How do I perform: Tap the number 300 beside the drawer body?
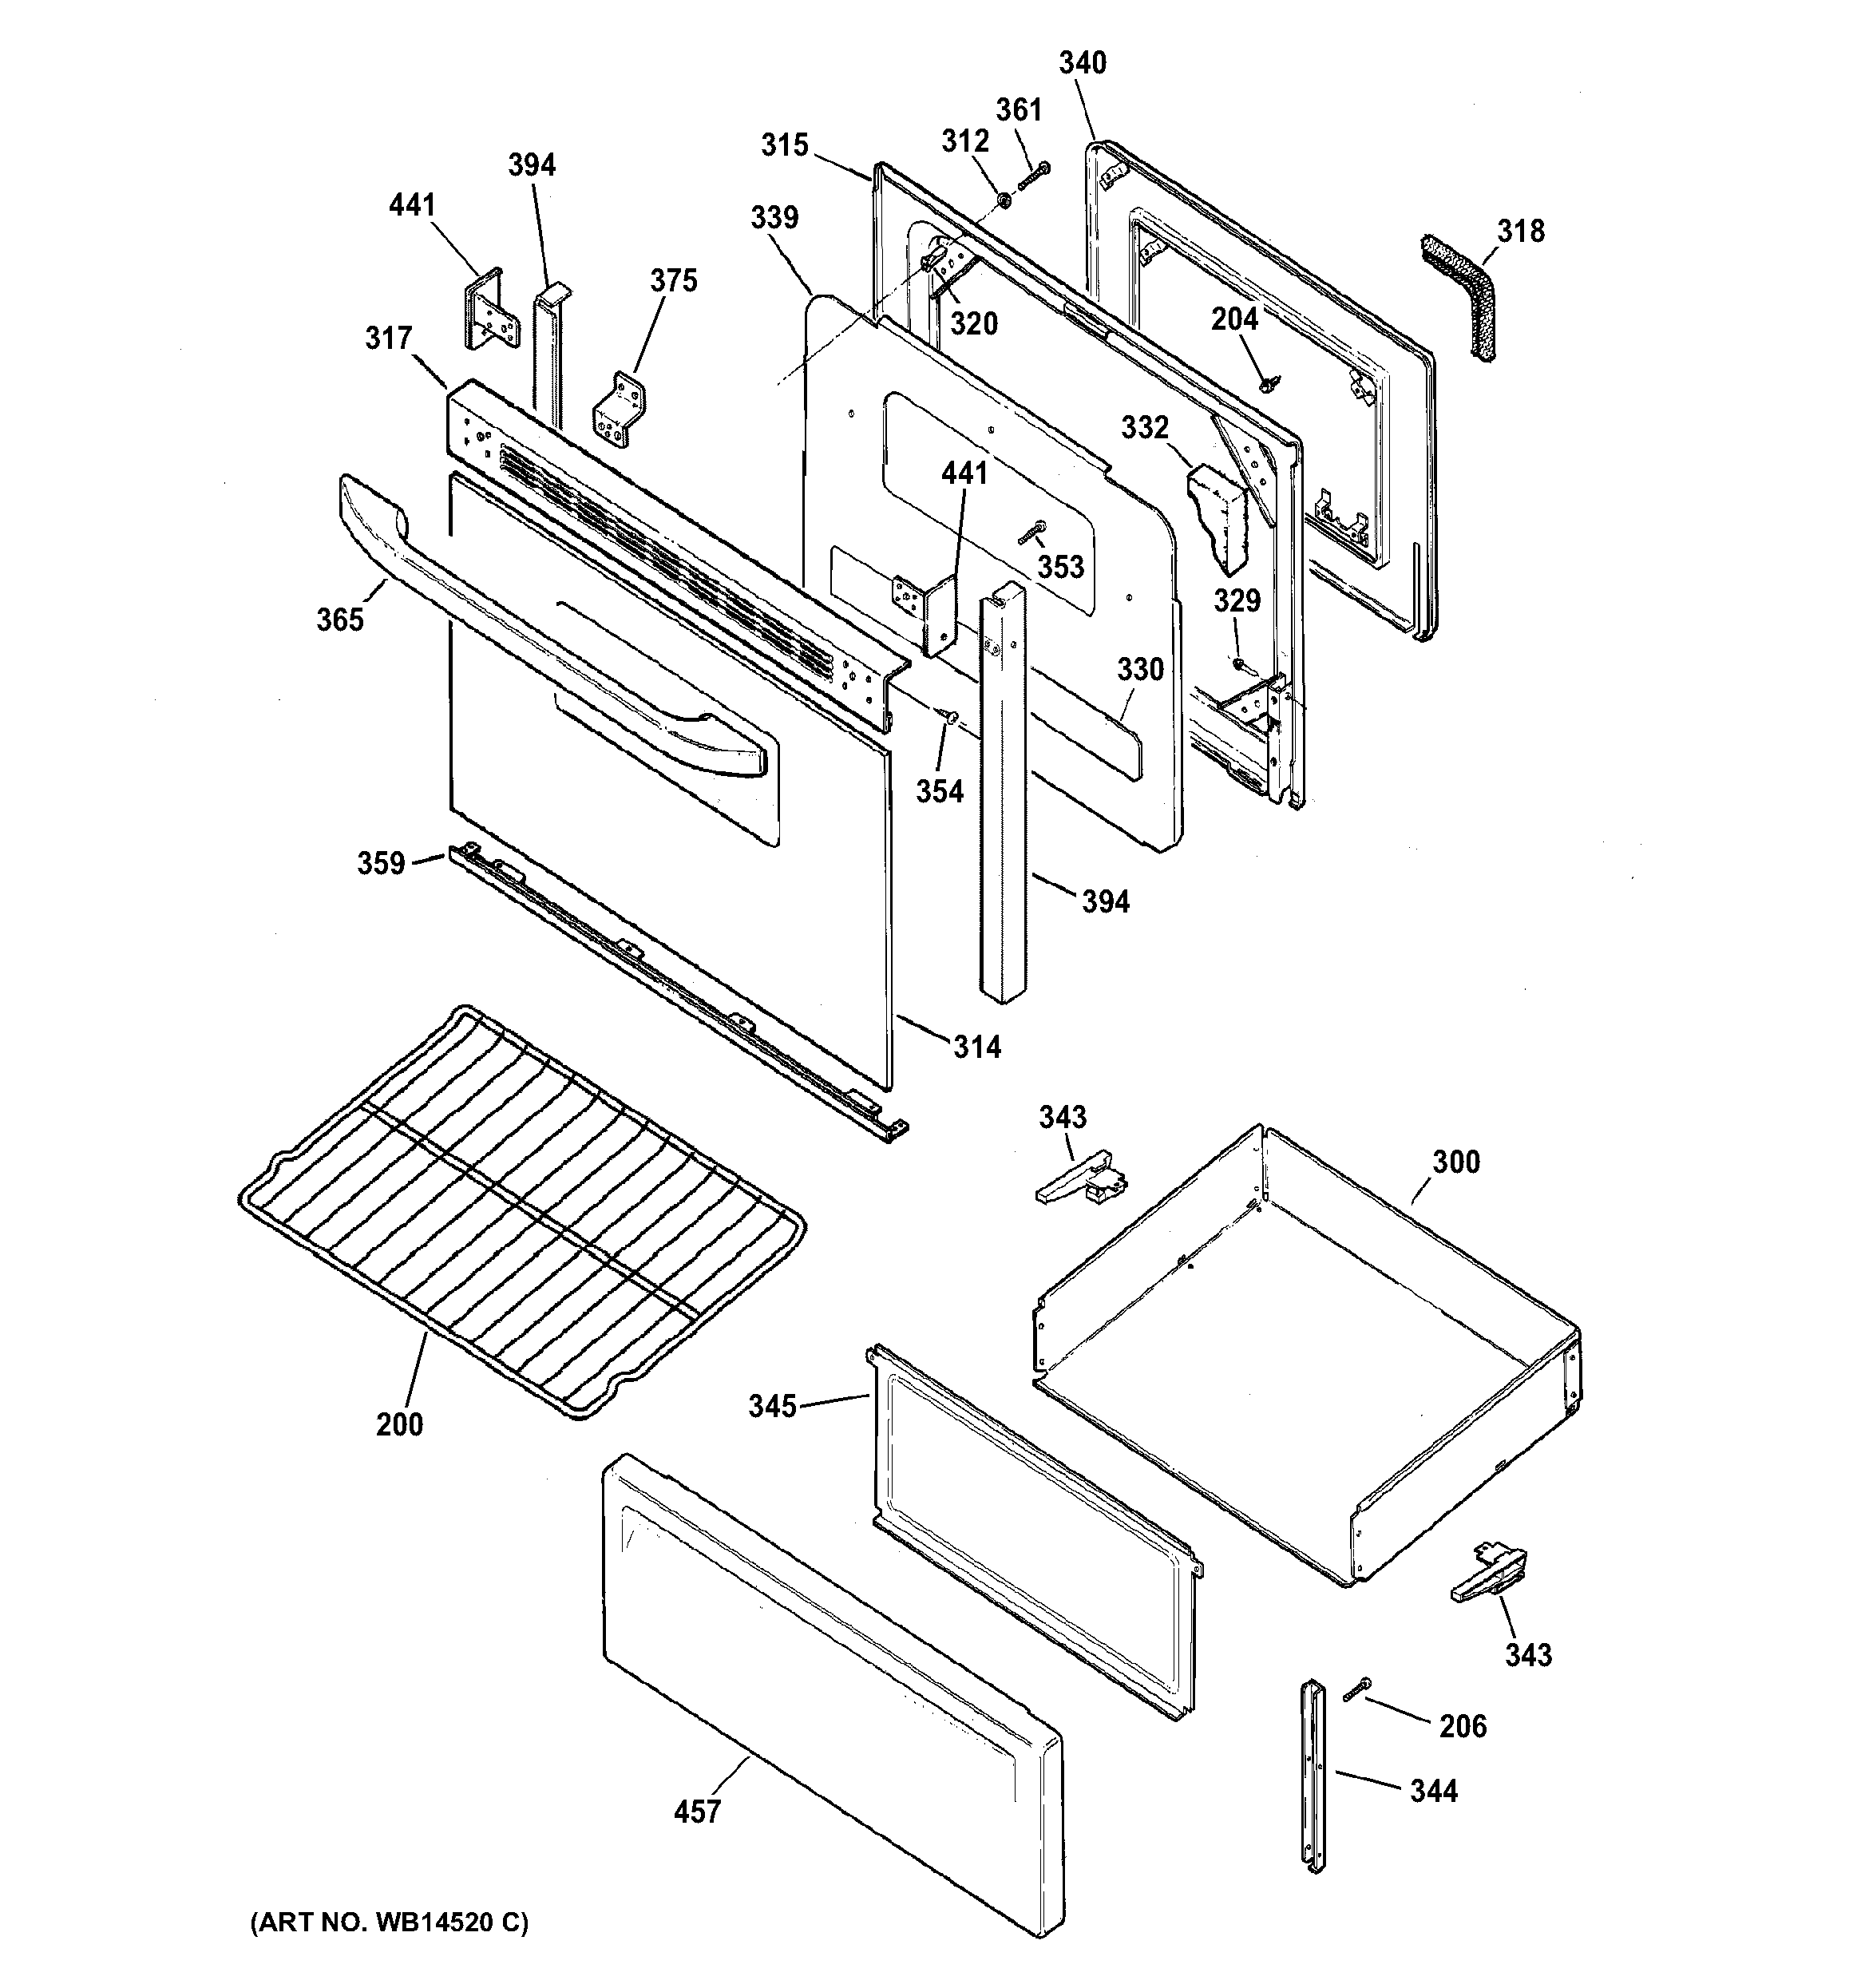click(1455, 1161)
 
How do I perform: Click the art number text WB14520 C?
click(390, 1923)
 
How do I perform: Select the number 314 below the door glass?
click(976, 1046)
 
